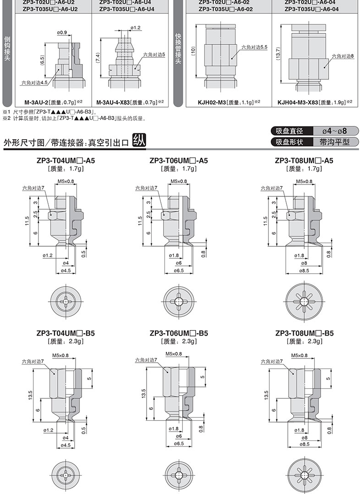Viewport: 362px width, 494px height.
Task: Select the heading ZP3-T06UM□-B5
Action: (x=179, y=333)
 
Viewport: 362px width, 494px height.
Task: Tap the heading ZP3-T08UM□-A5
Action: (x=304, y=161)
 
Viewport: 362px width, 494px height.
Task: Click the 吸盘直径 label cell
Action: (x=293, y=131)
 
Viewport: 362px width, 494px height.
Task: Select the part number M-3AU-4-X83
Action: (x=115, y=103)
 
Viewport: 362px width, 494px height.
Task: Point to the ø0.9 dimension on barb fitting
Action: (x=62, y=33)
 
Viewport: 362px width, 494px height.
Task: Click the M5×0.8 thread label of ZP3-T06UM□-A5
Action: (x=179, y=182)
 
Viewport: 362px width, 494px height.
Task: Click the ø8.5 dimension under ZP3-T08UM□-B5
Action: (x=304, y=444)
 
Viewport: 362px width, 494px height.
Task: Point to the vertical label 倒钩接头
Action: (x=7, y=50)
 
